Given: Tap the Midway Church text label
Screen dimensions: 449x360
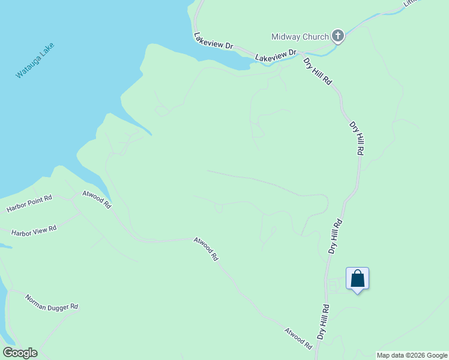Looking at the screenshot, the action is click(x=300, y=37).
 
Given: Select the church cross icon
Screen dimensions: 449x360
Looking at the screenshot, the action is click(x=338, y=37).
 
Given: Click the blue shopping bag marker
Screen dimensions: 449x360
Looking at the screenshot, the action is click(x=357, y=279).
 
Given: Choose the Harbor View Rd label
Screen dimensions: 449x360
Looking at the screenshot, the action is click(x=34, y=230).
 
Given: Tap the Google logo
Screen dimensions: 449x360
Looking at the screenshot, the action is click(x=20, y=353).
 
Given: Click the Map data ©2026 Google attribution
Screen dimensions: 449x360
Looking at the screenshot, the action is click(x=412, y=355).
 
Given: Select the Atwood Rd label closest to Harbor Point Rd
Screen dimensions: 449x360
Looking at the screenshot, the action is click(x=97, y=199).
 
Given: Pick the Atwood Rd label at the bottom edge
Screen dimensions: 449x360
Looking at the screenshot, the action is click(x=298, y=339).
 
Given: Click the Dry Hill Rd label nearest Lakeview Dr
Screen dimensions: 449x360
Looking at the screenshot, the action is click(x=318, y=70).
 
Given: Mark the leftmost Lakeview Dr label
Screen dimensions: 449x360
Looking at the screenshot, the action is click(x=213, y=41).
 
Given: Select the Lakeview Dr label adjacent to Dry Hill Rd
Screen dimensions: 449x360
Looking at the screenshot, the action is click(x=276, y=55).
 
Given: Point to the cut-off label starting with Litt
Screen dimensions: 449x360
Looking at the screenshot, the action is click(x=413, y=3).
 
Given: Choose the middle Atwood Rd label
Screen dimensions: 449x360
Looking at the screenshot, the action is click(x=206, y=248).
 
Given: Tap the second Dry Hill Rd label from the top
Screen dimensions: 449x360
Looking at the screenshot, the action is click(x=357, y=139).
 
